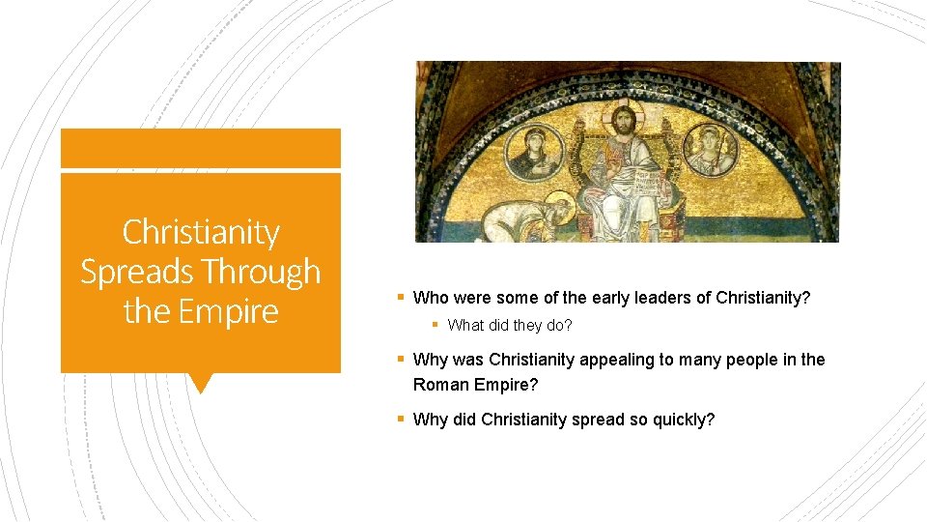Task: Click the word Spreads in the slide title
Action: click(x=127, y=273)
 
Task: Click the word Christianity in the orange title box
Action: click(x=201, y=233)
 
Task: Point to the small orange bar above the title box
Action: click(x=201, y=149)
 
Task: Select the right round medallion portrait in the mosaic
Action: click(x=711, y=147)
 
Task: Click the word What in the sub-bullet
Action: click(x=465, y=326)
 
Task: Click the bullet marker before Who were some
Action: click(x=401, y=298)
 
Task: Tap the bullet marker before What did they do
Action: click(x=435, y=326)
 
